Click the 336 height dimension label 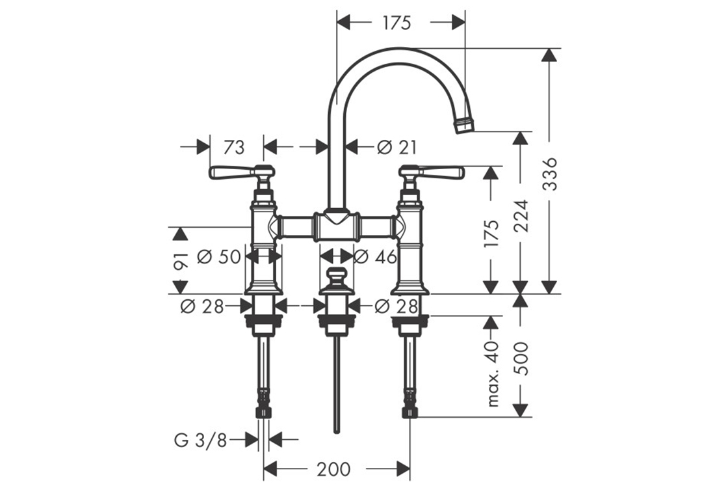(550, 173)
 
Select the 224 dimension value (520, 215)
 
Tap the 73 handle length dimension (233, 148)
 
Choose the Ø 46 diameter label (376, 257)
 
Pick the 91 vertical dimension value (181, 260)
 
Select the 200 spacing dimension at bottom (335, 468)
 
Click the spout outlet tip (464, 126)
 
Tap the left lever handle (231, 172)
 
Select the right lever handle (442, 172)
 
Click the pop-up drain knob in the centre (336, 277)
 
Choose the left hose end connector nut (263, 408)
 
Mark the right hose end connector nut (409, 408)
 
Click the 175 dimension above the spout (397, 23)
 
